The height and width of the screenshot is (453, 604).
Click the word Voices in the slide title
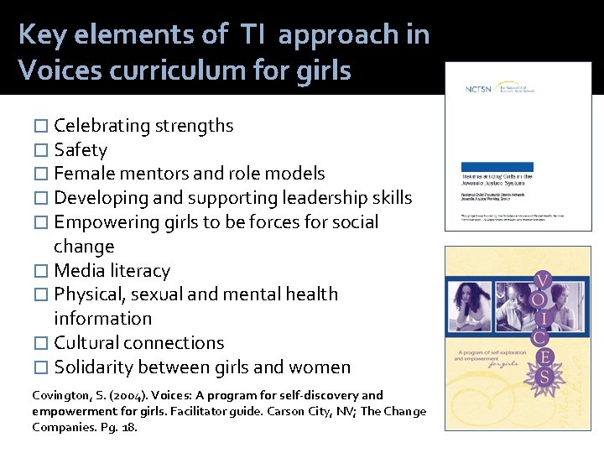coord(55,70)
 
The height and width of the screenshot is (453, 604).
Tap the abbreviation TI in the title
coord(254,34)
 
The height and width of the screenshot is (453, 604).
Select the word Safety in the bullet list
coord(81,150)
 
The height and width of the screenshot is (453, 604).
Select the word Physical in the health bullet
coord(86,294)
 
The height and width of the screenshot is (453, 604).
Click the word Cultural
coord(86,343)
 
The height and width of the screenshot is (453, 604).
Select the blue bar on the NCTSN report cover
coord(497,167)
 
